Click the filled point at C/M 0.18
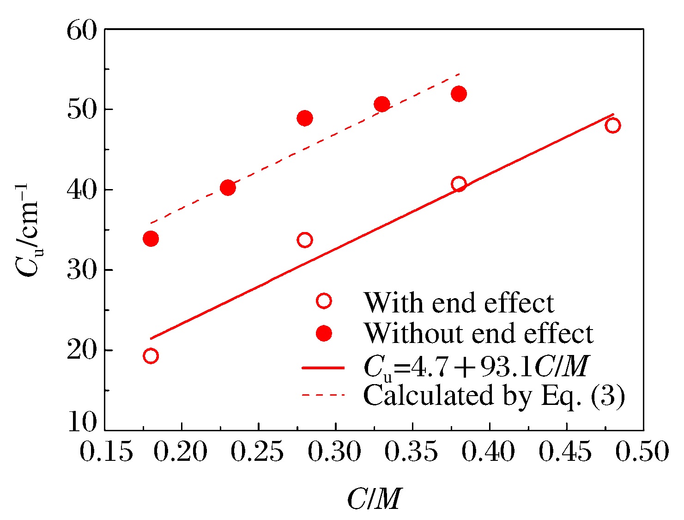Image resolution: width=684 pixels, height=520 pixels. (151, 239)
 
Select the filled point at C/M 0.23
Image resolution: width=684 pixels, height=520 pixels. (228, 188)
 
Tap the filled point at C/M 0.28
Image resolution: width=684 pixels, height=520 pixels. (305, 118)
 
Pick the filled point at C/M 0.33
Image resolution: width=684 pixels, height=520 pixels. (382, 104)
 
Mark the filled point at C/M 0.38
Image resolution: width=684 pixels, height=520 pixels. (459, 94)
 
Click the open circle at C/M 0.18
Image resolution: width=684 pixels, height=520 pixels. (151, 356)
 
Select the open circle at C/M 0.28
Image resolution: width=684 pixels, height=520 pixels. (305, 240)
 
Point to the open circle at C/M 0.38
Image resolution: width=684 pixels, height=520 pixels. (459, 184)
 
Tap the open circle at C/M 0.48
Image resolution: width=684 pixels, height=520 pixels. (613, 125)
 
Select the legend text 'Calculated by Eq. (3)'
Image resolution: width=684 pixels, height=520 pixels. (494, 396)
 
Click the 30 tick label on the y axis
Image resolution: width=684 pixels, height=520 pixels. (82, 270)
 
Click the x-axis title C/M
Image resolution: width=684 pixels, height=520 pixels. (374, 499)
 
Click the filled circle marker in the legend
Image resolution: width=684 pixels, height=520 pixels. (324, 333)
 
